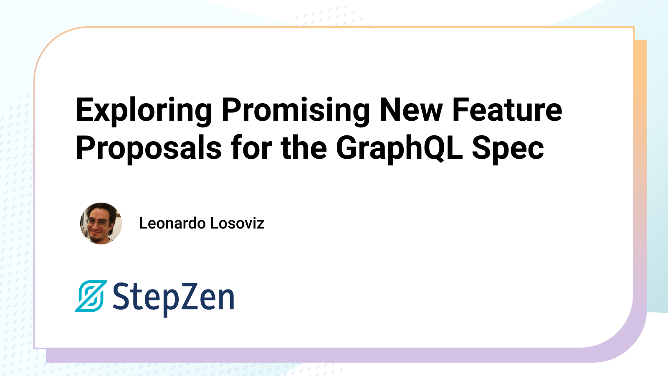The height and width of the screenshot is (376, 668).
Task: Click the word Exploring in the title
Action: tap(144, 110)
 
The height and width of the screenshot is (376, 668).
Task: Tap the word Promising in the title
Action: tap(296, 110)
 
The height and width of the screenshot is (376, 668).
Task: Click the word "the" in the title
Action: tap(304, 147)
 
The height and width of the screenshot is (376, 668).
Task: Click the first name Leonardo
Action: tap(172, 223)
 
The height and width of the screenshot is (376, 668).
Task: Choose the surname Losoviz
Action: tap(238, 223)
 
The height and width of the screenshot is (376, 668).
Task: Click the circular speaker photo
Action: tap(101, 224)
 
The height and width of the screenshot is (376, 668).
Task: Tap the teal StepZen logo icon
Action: tap(91, 296)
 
